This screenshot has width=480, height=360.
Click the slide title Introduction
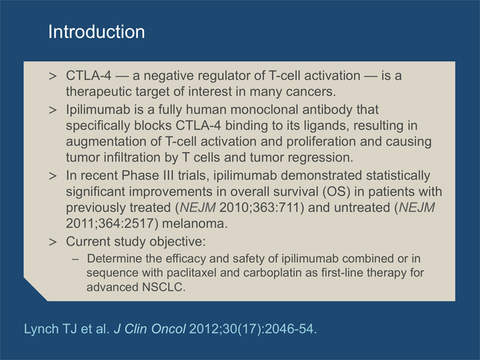click(97, 32)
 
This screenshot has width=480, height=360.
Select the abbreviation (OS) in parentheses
click(336, 192)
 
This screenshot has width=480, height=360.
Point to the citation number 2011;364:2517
click(112, 224)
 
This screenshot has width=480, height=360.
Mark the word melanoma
click(194, 224)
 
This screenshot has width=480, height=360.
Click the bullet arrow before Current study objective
click(53, 242)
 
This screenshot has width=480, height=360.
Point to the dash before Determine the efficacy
click(76, 259)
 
